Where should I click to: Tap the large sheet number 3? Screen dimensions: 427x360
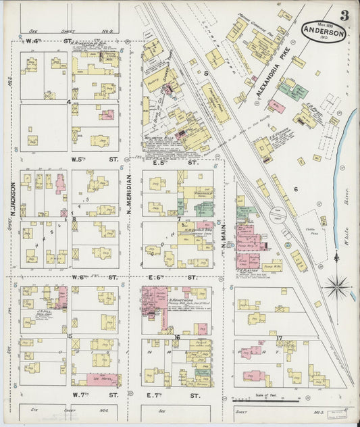[344, 15]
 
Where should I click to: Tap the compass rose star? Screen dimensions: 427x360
[336, 286]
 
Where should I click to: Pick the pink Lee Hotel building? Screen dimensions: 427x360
[102, 380]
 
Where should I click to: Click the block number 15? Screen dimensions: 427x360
[70, 335]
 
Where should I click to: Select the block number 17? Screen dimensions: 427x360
[279, 337]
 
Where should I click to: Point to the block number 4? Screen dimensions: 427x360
[68, 102]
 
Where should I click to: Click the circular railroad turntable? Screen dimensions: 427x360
[278, 216]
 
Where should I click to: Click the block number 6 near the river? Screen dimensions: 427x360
[295, 189]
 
